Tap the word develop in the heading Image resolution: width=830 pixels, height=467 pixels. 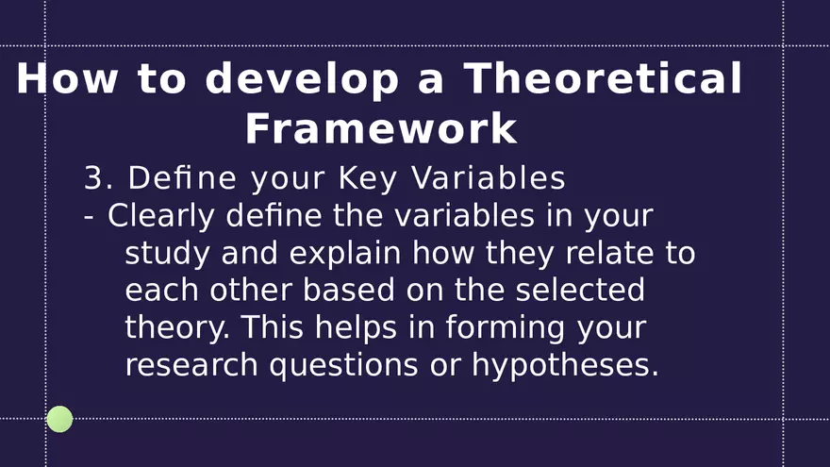pos(302,78)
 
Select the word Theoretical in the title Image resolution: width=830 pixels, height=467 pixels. pos(603,78)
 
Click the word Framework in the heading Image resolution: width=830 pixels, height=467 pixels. pos(381,128)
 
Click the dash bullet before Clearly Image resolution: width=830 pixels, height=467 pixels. pos(89,217)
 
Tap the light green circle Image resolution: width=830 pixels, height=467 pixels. pos(59,419)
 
